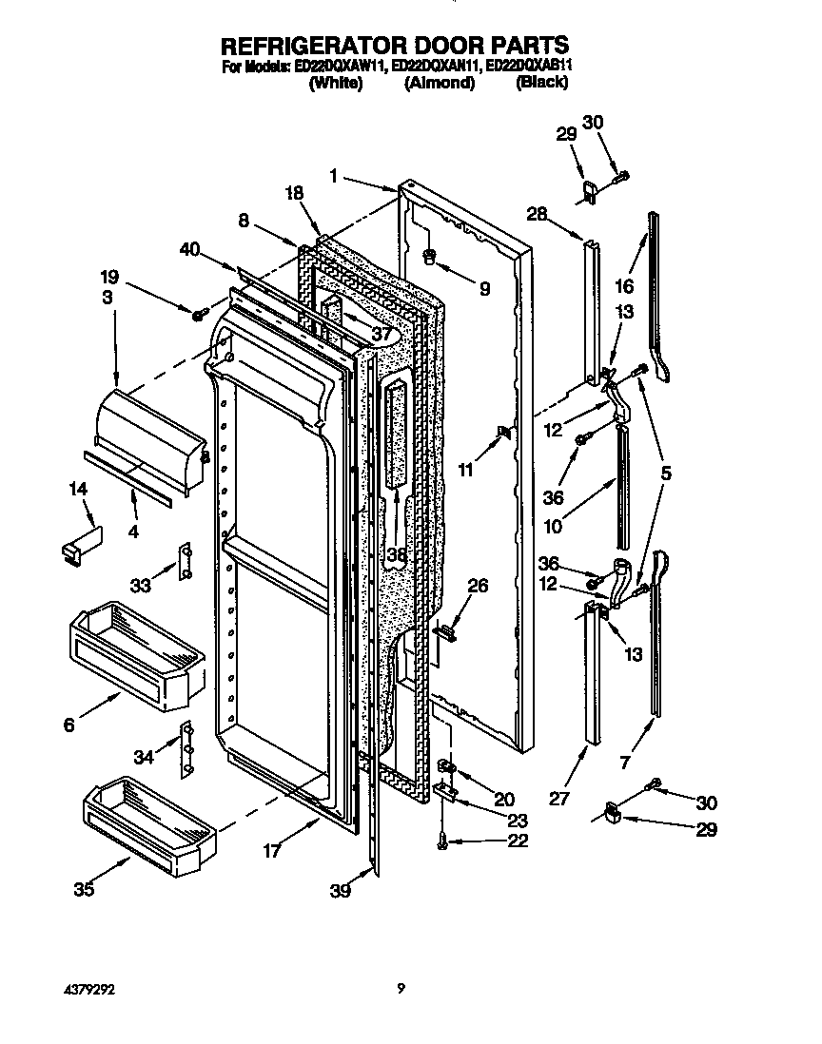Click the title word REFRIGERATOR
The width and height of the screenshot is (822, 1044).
312,45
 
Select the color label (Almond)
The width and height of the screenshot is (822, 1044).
439,83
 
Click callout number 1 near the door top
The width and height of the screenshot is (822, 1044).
334,174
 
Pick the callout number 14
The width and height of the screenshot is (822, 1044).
79,489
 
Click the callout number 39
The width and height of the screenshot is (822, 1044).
341,891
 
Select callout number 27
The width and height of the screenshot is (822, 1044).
559,799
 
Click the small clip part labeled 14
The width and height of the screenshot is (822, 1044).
80,547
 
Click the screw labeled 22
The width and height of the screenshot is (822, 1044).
443,840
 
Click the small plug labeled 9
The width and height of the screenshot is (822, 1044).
429,255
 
